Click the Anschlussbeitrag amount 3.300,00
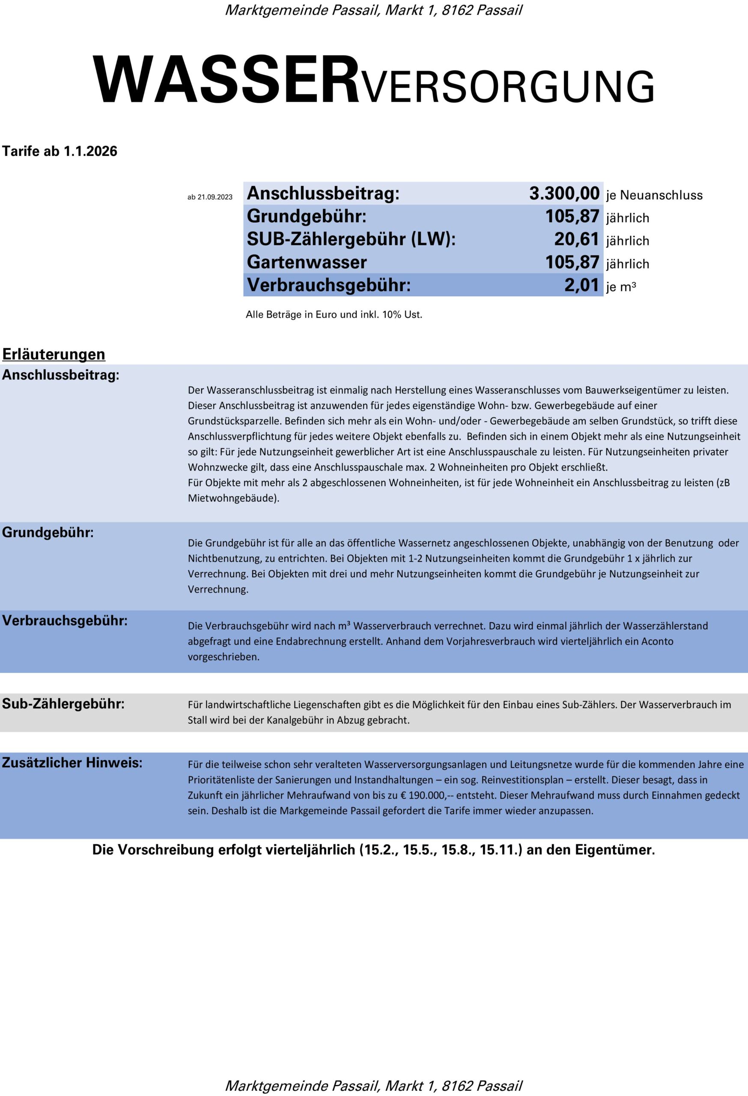point(563,194)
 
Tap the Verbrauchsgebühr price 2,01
point(581,285)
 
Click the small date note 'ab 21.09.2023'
point(210,197)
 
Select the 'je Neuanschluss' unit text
point(654,195)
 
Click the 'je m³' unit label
point(621,287)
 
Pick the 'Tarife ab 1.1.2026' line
point(60,152)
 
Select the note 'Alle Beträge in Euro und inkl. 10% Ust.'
point(334,315)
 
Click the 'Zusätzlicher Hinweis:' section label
point(72,762)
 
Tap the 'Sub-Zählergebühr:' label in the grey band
point(63,704)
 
